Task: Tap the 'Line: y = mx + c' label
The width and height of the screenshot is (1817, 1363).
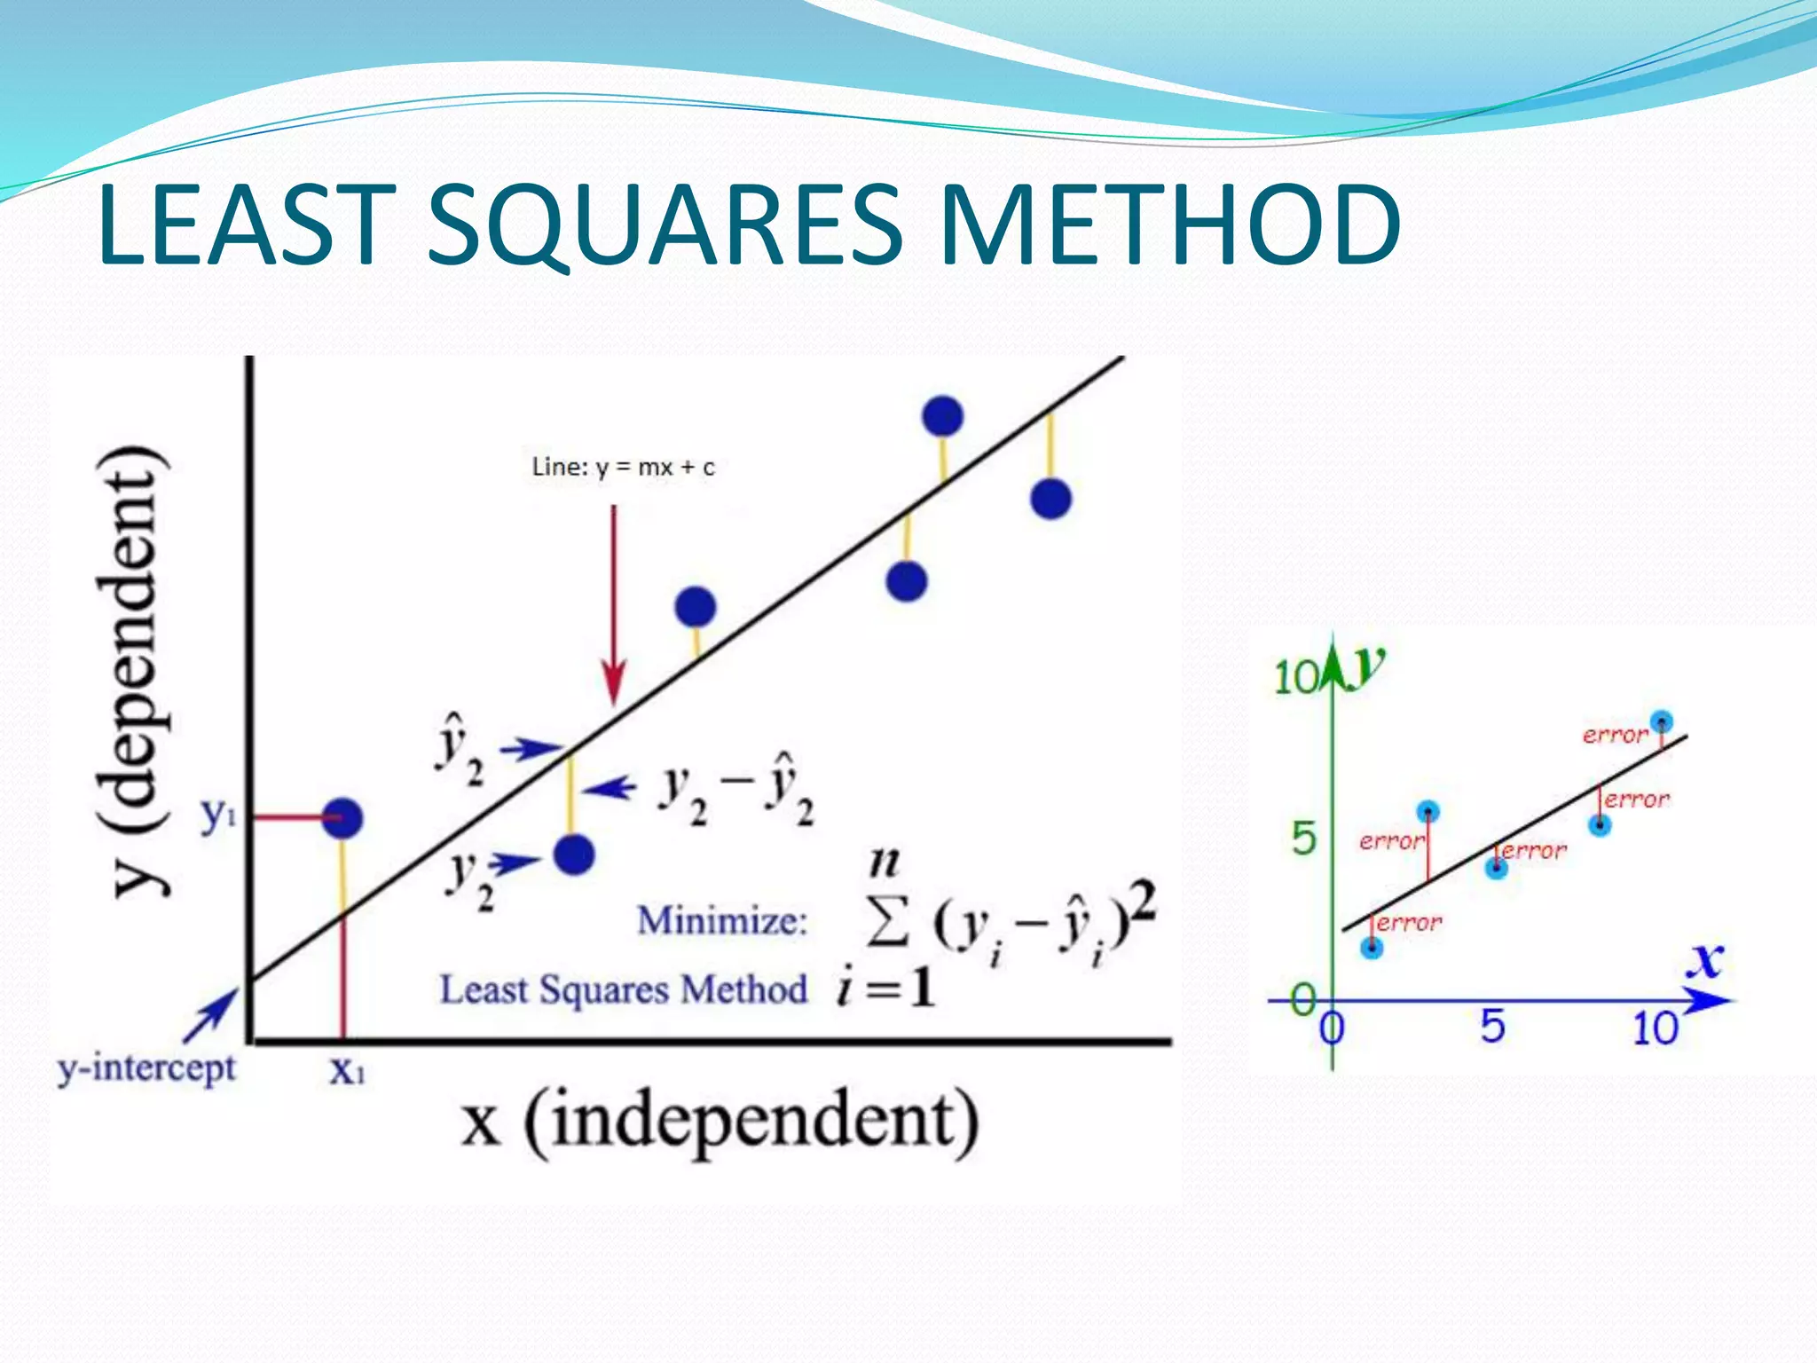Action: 623,467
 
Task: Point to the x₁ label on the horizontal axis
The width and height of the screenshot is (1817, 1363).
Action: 347,1071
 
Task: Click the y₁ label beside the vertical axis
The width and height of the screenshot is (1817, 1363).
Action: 218,814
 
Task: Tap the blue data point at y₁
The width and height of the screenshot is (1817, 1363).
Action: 342,817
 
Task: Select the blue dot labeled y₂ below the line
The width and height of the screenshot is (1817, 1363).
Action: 574,855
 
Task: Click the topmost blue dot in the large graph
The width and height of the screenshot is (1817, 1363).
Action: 942,415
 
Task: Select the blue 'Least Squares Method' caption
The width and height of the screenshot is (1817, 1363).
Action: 623,989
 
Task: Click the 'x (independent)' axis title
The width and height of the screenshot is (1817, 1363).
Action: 720,1123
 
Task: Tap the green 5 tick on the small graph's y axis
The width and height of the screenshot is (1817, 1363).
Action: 1303,839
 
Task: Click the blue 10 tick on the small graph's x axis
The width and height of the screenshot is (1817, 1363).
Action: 1655,1028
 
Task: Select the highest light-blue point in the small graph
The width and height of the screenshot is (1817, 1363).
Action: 1661,721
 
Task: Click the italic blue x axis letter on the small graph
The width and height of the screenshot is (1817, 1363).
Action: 1704,960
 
